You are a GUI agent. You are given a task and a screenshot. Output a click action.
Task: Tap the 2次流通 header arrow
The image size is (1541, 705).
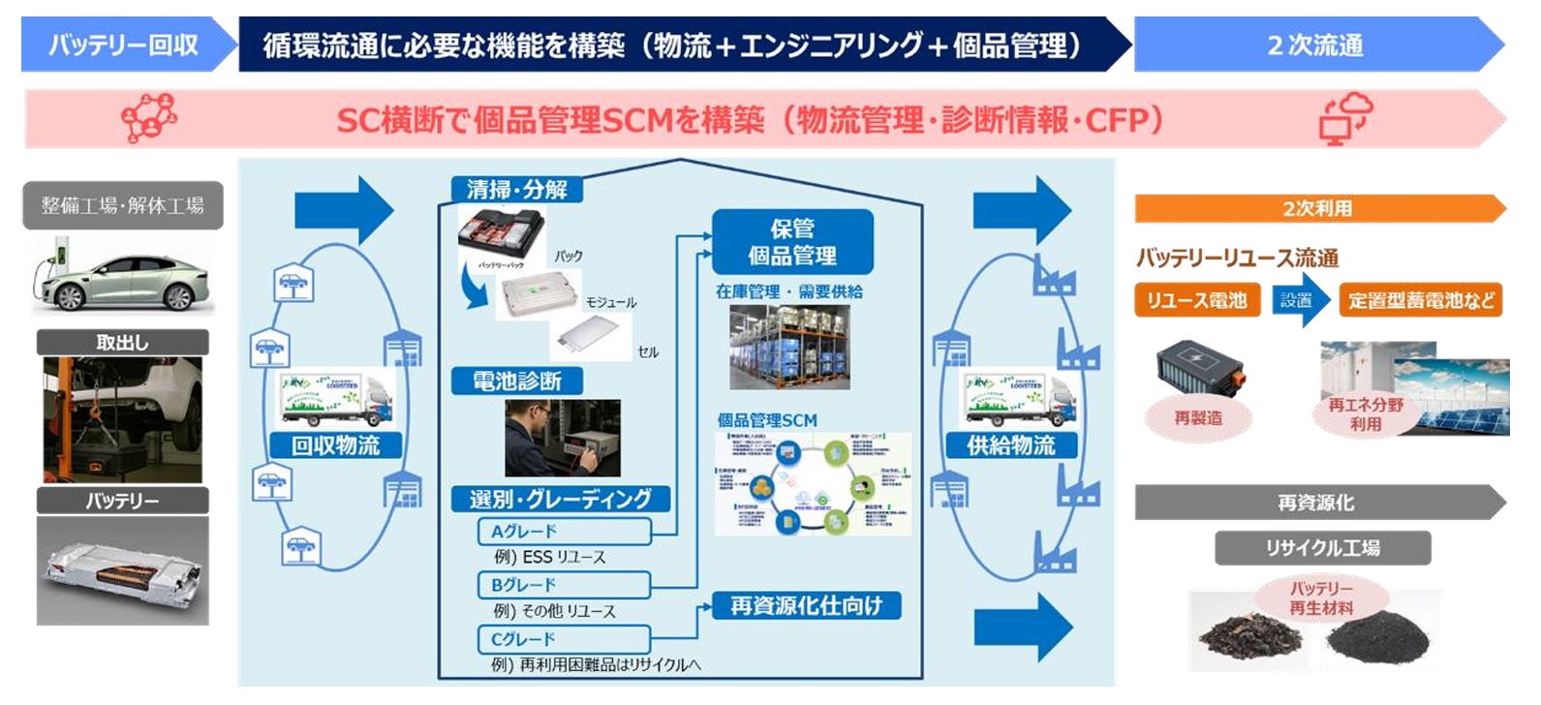1315,45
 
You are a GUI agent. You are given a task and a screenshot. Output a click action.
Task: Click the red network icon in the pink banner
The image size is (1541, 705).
148,118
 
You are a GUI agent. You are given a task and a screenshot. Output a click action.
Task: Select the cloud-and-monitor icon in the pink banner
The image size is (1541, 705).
1344,118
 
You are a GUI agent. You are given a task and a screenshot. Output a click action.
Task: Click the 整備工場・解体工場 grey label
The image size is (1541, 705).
123,205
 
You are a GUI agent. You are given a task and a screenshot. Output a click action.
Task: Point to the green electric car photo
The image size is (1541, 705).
123,274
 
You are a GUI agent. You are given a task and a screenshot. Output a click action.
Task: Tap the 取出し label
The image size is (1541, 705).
123,342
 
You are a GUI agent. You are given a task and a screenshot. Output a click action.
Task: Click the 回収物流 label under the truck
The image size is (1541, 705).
335,445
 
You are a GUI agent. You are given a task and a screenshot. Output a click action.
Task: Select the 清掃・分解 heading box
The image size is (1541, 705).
517,190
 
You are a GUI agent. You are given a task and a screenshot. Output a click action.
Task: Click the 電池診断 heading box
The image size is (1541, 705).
517,382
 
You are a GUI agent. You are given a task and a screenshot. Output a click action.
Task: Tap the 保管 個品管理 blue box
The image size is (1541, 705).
792,242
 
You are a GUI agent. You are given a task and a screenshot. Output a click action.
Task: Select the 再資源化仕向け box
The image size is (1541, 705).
807,606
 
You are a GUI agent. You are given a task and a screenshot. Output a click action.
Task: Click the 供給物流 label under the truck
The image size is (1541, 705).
1011,445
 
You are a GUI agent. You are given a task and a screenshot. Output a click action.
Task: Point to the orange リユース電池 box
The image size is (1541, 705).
1197,300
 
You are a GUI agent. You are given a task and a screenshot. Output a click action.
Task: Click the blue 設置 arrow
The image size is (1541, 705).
1299,300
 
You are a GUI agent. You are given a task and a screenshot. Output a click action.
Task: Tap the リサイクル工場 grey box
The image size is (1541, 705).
1322,548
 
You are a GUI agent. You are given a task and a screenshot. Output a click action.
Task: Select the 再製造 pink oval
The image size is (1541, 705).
1198,417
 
